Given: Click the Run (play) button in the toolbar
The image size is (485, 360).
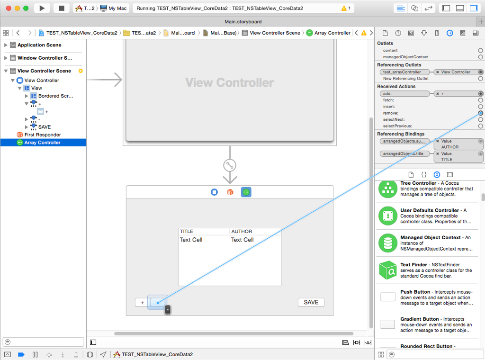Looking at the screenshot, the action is tap(42, 8).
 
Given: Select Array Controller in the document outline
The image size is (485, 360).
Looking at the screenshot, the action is tap(42, 143).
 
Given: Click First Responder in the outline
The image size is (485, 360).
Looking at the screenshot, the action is tap(43, 135).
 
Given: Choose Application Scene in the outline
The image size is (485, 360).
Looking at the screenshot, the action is tap(39, 45).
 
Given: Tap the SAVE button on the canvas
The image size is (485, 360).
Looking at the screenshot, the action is tap(311, 302).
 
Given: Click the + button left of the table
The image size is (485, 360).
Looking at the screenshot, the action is tap(142, 303).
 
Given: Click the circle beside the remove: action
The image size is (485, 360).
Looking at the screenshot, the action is tap(480, 113).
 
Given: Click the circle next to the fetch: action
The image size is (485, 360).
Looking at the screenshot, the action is tap(480, 100).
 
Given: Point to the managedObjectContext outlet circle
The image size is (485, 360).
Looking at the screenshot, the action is tap(480, 57).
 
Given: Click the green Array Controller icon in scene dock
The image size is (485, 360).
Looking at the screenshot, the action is tap(246, 192).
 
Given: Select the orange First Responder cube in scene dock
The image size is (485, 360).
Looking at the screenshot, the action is tap(230, 192).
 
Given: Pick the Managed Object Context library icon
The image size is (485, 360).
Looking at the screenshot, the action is tap(387, 243).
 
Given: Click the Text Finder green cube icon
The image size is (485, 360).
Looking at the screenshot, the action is tap(388, 270).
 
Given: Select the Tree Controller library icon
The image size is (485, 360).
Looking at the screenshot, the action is tap(387, 189).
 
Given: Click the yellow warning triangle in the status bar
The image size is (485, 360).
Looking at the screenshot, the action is tap(344, 9).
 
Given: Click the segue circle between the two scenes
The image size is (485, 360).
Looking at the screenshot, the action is tap(230, 165).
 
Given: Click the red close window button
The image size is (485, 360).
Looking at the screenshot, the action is tap(9, 9).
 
